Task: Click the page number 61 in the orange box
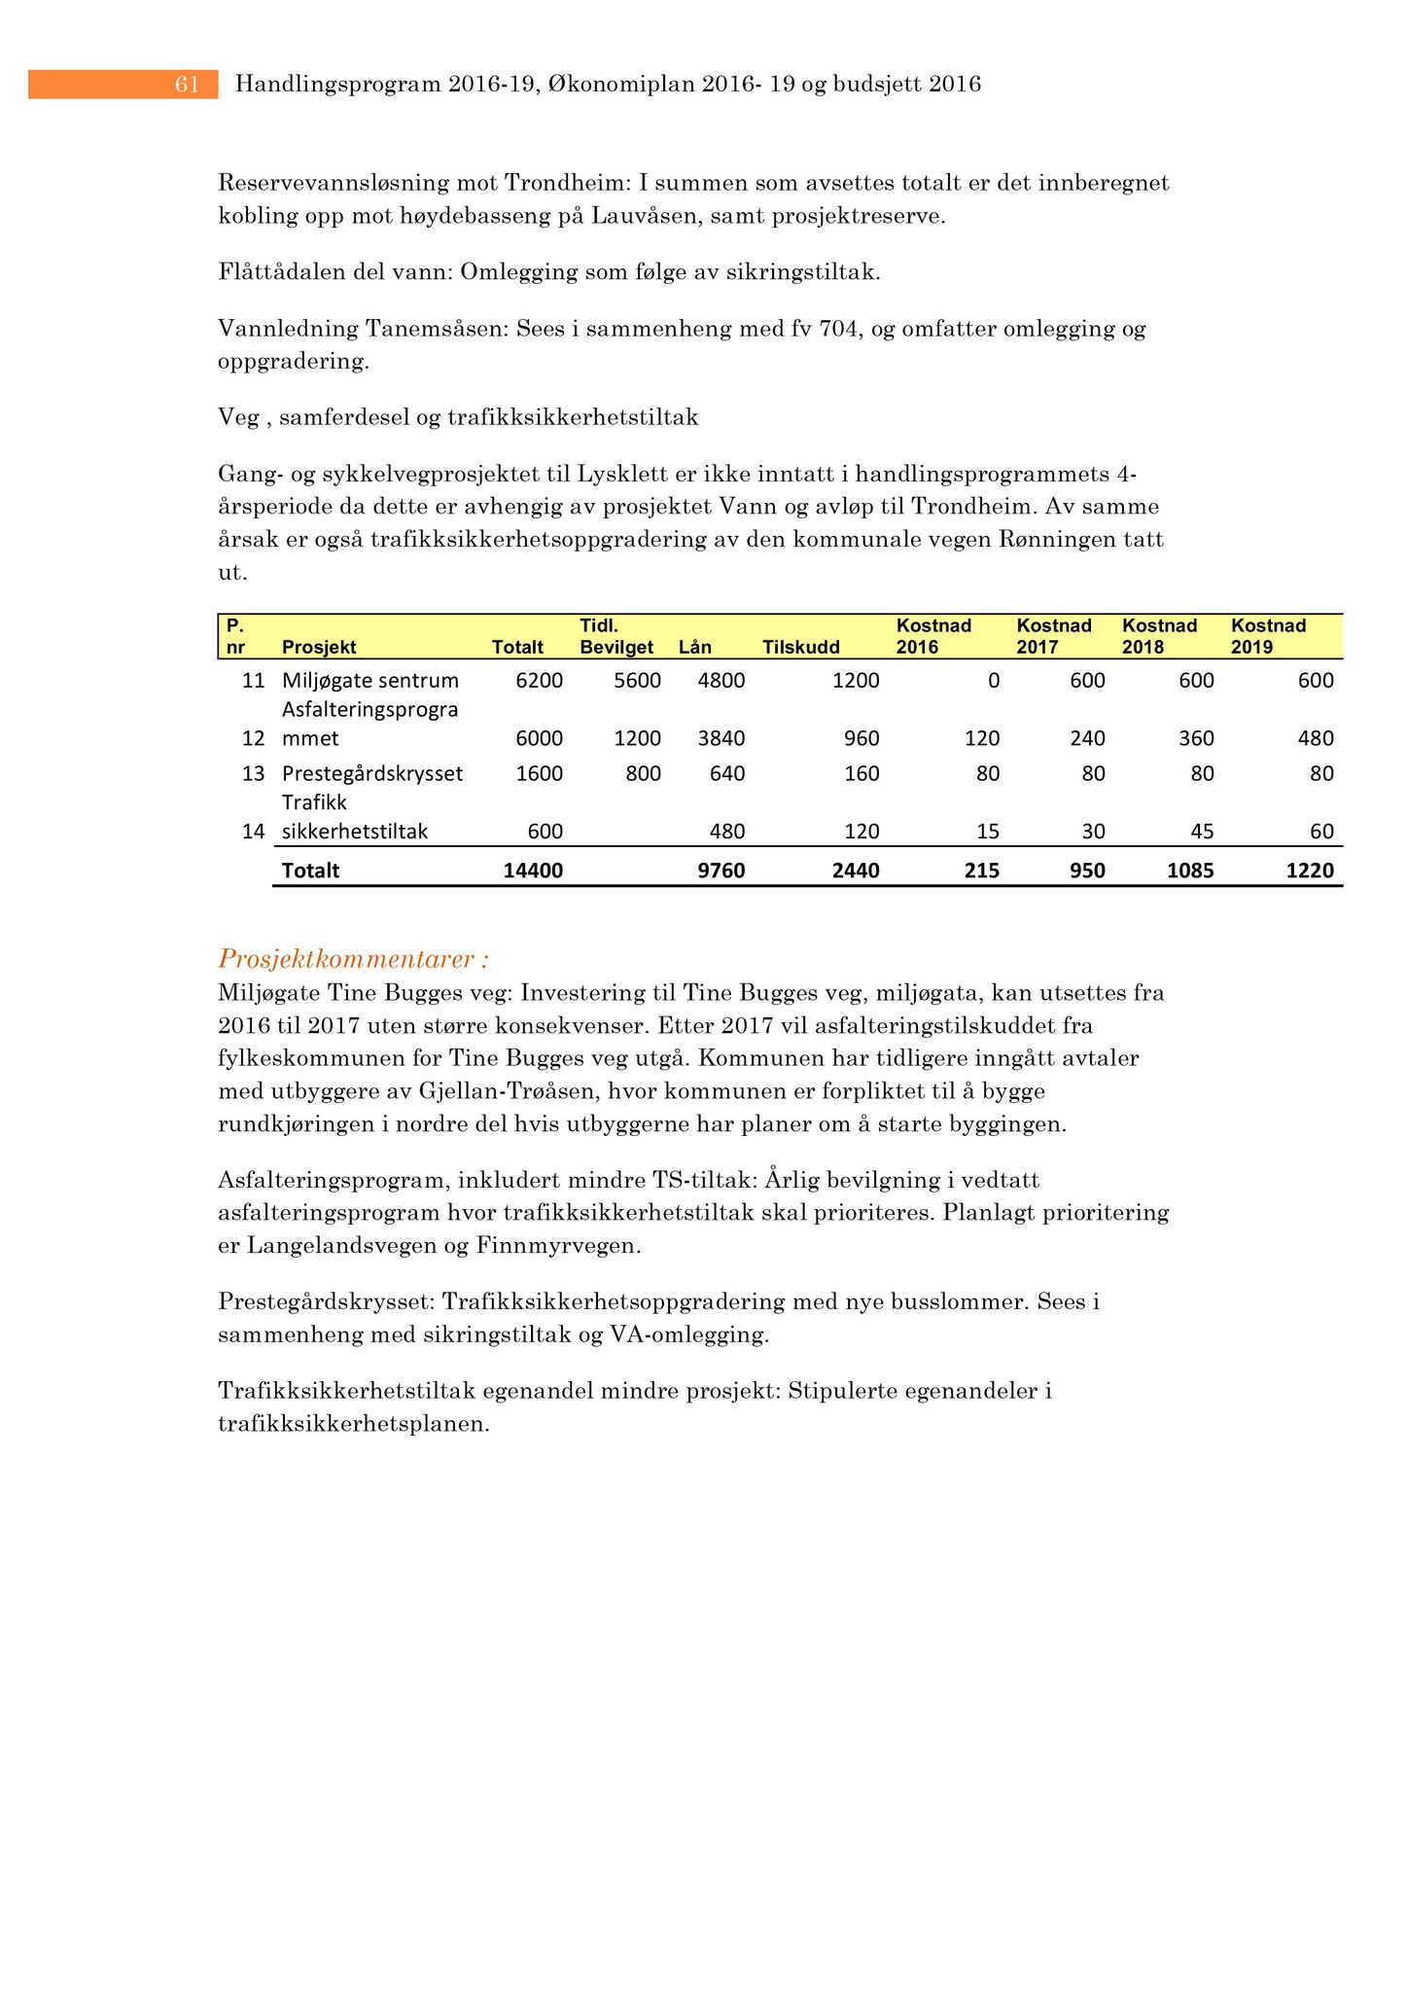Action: [x=187, y=86]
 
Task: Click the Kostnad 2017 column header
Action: [x=1053, y=636]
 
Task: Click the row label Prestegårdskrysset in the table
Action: [x=372, y=774]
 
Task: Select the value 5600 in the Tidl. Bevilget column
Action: [x=637, y=681]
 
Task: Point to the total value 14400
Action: [x=533, y=871]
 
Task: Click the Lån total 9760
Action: [x=721, y=871]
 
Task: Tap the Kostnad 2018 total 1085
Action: [x=1190, y=871]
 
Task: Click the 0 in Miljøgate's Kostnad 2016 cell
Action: [x=993, y=681]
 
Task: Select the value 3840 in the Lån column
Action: [x=721, y=739]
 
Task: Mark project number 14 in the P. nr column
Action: [x=253, y=833]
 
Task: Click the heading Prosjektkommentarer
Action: [x=353, y=960]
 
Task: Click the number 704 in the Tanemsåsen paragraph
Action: [x=839, y=329]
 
